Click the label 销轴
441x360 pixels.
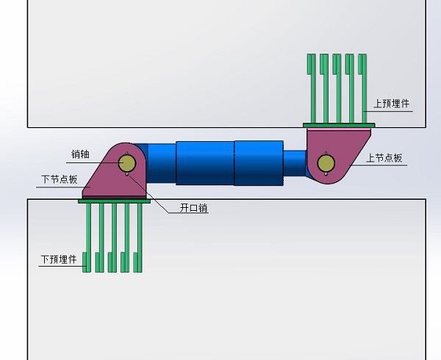80,154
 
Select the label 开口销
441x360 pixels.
194,208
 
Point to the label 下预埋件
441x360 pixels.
59,259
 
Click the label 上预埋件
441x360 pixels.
391,104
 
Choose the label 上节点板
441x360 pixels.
384,158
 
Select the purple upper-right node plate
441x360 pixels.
345,151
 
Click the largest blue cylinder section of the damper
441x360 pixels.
259,162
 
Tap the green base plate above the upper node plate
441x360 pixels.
339,126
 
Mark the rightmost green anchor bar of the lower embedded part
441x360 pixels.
139,239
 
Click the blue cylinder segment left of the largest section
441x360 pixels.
205,162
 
